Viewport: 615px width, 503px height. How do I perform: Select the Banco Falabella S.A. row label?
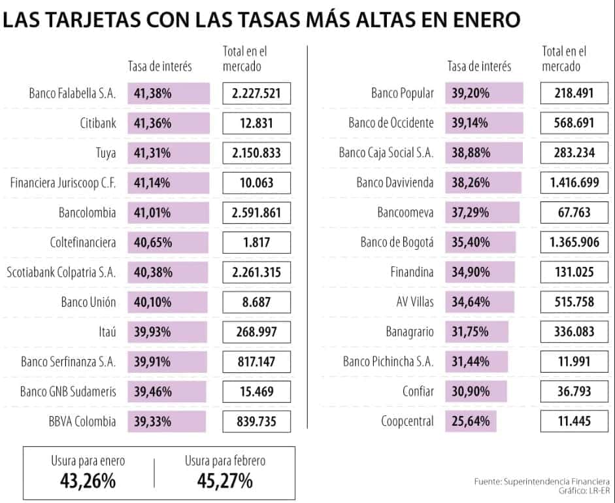pos(72,94)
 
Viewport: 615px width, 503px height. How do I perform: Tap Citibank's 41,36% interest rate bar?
pos(169,123)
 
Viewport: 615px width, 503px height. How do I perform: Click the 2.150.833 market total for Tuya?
pos(256,153)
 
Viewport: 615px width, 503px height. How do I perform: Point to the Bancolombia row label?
pos(87,213)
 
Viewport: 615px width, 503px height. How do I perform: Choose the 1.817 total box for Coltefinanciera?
pos(256,243)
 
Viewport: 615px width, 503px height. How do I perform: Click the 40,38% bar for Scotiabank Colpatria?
pos(169,272)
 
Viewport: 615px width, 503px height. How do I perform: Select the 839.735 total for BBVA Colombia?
pos(256,421)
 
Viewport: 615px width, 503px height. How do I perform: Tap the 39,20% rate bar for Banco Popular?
pos(484,94)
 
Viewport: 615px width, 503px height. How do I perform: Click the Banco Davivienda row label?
pos(395,183)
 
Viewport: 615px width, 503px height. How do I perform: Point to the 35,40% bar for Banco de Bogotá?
pos(480,243)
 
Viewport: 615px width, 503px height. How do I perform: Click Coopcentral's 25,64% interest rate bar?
pos(471,421)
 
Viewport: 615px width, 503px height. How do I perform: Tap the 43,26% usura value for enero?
pos(88,482)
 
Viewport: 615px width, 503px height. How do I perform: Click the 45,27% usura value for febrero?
pos(225,482)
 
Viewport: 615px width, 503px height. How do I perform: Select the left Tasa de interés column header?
pos(159,66)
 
